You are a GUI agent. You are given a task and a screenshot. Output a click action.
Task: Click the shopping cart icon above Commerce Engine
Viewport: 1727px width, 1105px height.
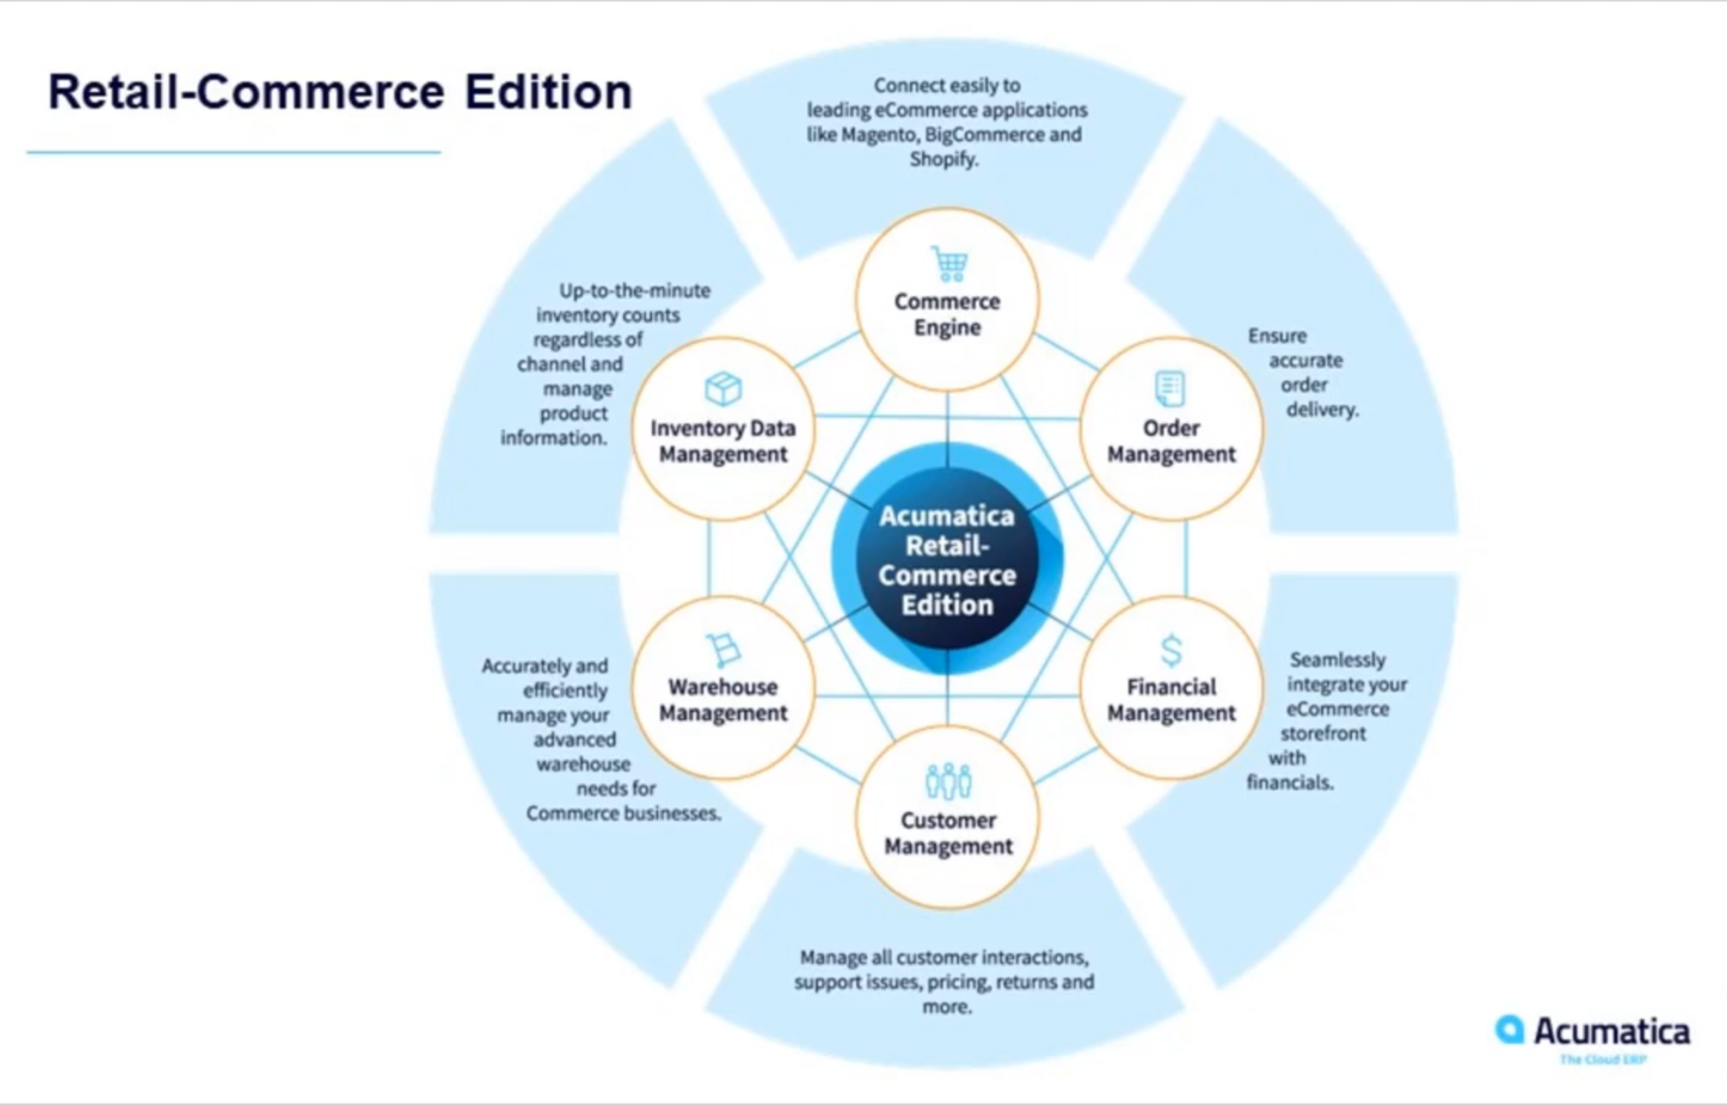tap(949, 264)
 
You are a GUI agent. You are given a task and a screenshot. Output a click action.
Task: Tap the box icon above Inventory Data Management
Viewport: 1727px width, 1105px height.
tap(723, 388)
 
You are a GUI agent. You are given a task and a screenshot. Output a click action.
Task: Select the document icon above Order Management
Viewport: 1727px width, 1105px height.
tap(1170, 389)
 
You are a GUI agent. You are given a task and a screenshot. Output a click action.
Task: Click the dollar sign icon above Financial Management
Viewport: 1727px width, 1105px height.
tap(1171, 651)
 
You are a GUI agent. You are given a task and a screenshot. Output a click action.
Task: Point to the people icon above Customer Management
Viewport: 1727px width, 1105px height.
tap(948, 781)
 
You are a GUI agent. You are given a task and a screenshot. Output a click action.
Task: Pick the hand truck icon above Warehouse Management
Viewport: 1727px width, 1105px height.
tap(723, 650)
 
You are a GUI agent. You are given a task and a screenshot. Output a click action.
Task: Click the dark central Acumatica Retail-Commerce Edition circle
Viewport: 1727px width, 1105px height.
tap(948, 560)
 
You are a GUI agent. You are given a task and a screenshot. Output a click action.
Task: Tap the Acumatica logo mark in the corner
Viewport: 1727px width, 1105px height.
tap(1509, 1030)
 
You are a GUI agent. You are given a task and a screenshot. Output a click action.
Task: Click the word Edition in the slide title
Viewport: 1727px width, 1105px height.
tap(548, 92)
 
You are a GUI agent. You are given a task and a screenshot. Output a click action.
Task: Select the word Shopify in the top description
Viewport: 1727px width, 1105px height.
tap(943, 160)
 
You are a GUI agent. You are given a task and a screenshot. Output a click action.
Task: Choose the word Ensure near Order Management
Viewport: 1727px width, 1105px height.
tap(1277, 336)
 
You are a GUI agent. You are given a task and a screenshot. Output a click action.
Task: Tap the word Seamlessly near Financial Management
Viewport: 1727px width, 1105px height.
tap(1337, 660)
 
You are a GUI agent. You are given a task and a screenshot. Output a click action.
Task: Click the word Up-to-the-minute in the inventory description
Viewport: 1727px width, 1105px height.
tap(634, 291)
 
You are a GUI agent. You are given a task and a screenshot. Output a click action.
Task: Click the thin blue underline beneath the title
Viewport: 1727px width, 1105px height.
tap(234, 153)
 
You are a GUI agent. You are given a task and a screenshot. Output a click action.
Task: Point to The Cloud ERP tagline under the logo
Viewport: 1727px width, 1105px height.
tap(1603, 1060)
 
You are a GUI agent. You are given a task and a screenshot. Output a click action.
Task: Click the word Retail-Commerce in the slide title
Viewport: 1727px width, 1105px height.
tap(246, 92)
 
